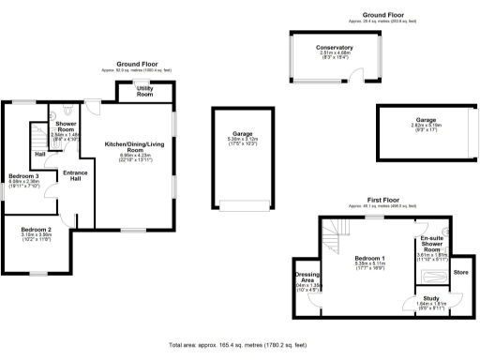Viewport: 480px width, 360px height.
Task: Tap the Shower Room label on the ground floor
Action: (x=65, y=127)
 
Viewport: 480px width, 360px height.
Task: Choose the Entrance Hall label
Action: (x=74, y=176)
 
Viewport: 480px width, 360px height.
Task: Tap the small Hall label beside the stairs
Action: (x=40, y=154)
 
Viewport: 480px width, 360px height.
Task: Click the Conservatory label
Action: (x=335, y=48)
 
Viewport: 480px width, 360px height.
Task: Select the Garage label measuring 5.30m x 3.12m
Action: (x=243, y=135)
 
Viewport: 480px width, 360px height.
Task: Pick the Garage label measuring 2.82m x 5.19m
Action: (x=427, y=121)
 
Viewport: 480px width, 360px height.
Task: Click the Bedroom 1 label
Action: (x=369, y=258)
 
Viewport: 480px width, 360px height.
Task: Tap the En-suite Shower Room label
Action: (x=431, y=244)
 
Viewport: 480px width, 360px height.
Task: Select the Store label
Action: (x=460, y=273)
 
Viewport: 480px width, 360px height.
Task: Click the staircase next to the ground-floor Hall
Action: (x=38, y=136)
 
